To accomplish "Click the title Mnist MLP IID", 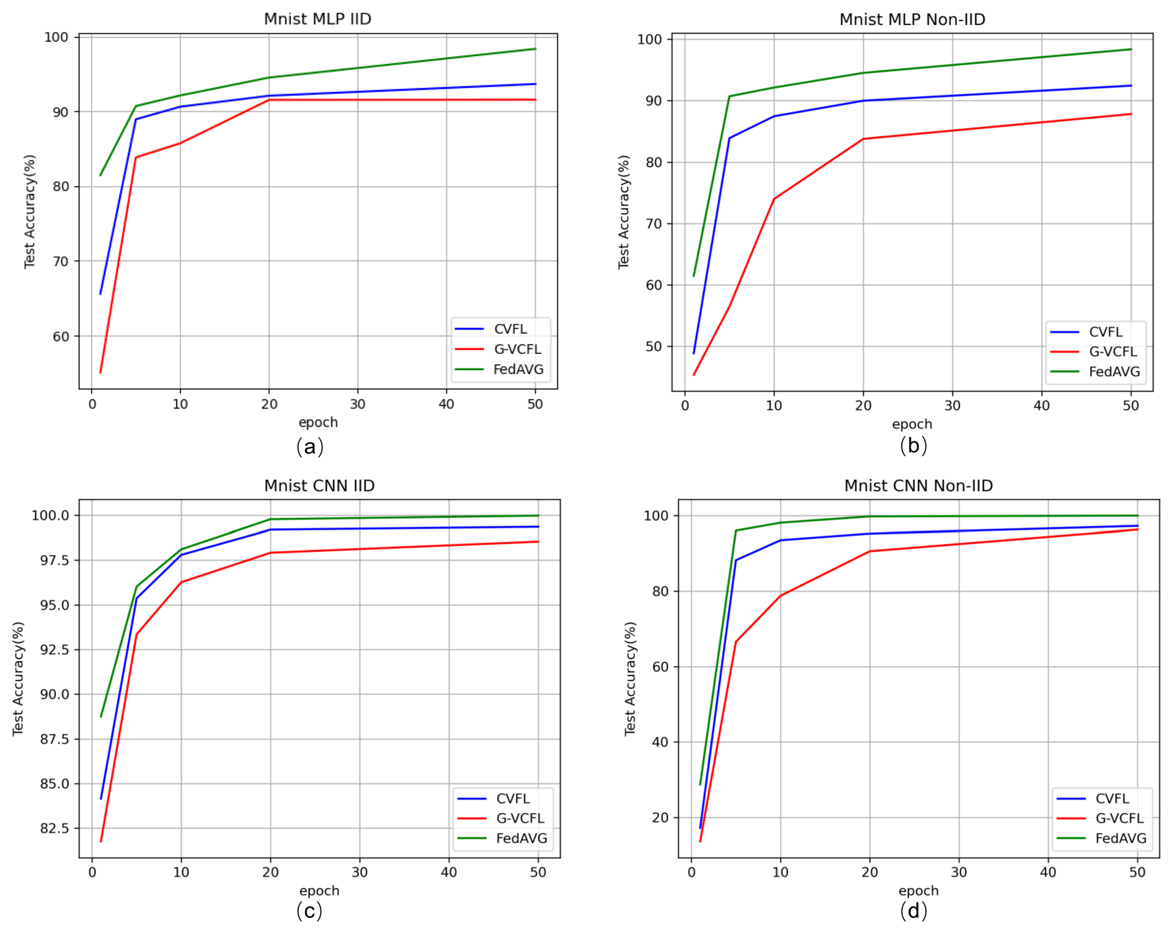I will [318, 19].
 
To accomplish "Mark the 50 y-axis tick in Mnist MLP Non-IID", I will [653, 347].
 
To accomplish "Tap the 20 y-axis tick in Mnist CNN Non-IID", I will [660, 818].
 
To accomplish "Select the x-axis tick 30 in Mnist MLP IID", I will [357, 404].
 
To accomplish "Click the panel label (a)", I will [310, 447].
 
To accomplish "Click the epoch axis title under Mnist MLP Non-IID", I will [912, 424].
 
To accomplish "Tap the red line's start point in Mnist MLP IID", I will [100, 373].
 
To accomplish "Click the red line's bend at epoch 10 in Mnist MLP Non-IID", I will [774, 199].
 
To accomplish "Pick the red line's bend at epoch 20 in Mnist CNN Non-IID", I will [869, 551].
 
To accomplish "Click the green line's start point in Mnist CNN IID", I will [101, 717].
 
